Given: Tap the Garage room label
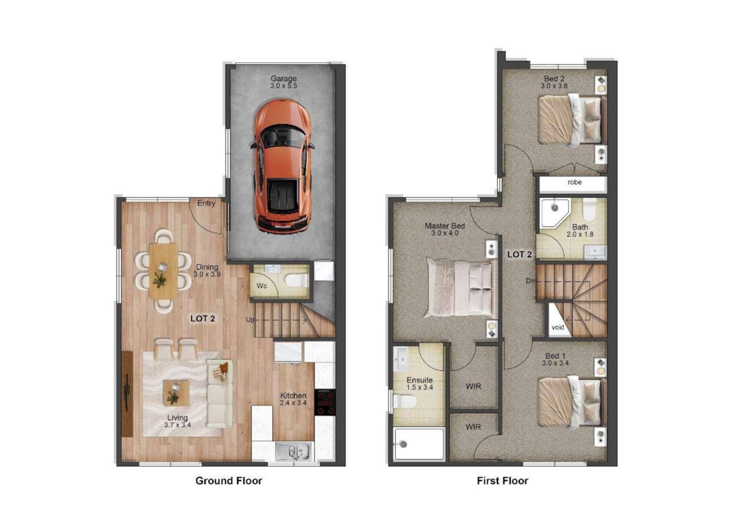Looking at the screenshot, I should (283, 78).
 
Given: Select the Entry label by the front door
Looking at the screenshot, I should (206, 203).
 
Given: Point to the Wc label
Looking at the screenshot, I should (261, 286).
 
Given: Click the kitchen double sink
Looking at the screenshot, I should (294, 452).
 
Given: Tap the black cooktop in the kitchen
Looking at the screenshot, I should (325, 402).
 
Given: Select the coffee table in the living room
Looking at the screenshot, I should (176, 393).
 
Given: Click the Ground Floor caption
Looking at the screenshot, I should (229, 481).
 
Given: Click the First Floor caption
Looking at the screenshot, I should (502, 481).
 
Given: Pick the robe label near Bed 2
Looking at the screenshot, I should (575, 182).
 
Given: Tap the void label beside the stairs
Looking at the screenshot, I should (558, 327).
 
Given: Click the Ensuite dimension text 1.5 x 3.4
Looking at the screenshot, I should (419, 387).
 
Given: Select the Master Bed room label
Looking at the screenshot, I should (445, 226).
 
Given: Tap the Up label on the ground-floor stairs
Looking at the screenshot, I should (250, 319).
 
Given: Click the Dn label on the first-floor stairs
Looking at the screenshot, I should (530, 281).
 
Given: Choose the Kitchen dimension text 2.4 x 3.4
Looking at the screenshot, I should (293, 403).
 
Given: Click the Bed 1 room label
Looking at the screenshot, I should (555, 356).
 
